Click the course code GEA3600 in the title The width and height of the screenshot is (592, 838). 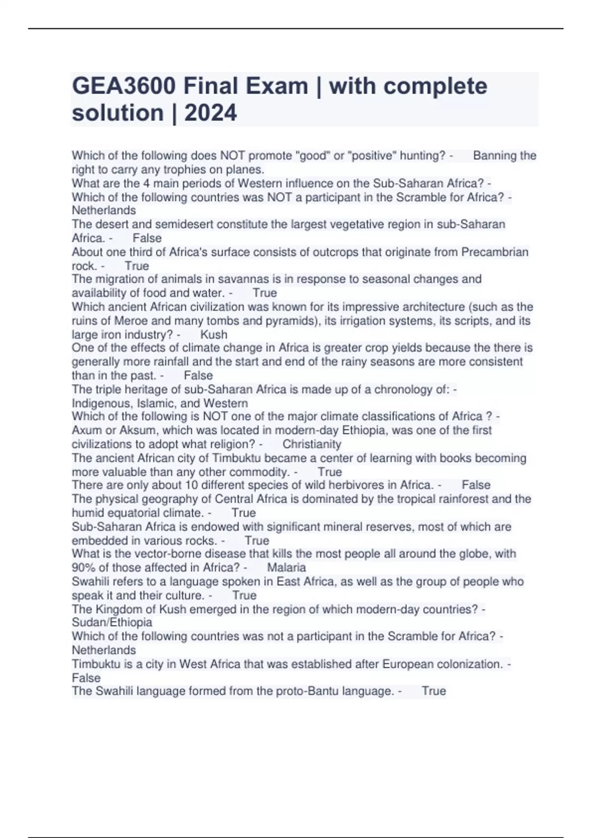coord(123,87)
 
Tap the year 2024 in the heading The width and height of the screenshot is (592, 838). coord(211,113)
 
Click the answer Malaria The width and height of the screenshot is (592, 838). coord(286,567)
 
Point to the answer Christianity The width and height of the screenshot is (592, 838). coord(312,444)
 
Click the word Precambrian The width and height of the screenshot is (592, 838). coord(494,252)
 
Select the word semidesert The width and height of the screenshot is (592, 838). coord(185,224)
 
